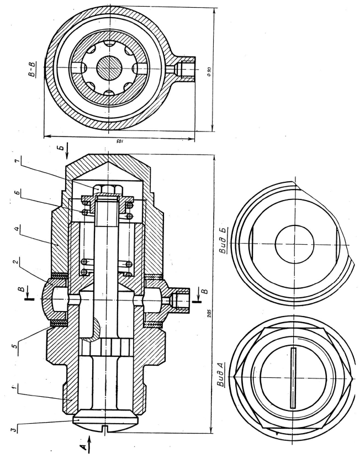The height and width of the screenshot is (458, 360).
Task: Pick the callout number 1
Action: tap(13, 388)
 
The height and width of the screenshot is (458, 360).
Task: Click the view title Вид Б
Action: tap(225, 239)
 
